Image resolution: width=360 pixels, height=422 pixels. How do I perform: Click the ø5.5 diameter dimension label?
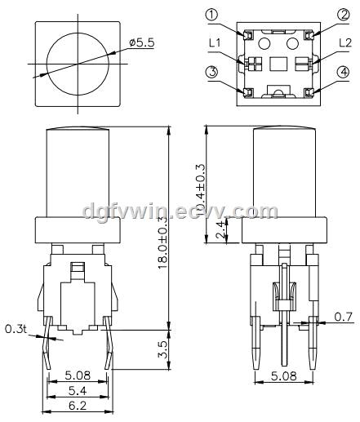[x=142, y=43]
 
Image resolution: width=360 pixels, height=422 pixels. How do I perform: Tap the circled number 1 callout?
[x=211, y=16]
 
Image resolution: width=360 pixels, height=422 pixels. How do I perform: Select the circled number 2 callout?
[x=344, y=16]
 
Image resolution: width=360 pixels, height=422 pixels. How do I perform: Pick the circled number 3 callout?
[x=212, y=73]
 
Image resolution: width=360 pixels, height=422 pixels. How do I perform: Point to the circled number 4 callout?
[x=344, y=73]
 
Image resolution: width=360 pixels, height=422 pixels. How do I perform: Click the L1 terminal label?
[x=215, y=43]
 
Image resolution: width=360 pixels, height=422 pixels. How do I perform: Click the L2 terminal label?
[x=345, y=43]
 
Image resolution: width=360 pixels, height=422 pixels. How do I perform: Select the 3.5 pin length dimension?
[x=163, y=350]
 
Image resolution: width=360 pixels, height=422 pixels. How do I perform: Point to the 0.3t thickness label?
[x=16, y=330]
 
